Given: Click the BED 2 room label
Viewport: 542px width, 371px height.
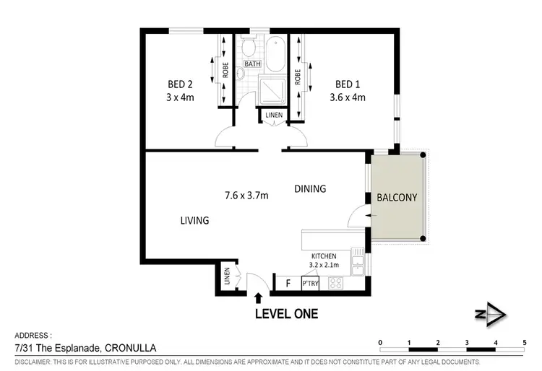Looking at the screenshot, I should click(x=179, y=83).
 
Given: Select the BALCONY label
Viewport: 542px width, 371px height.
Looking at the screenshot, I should click(x=397, y=196).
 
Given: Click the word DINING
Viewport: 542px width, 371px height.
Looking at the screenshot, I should click(x=310, y=189).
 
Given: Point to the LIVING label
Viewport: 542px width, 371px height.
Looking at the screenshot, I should click(x=194, y=220).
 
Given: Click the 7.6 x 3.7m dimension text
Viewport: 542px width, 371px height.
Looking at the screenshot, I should click(x=248, y=194).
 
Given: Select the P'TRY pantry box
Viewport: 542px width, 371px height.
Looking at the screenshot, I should click(x=310, y=284).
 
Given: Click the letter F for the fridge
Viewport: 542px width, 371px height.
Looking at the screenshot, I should click(x=288, y=283).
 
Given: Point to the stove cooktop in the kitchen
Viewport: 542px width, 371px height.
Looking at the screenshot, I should click(x=337, y=283).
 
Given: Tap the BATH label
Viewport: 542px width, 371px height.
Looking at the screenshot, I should click(x=252, y=64).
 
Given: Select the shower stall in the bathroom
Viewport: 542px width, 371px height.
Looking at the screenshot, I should click(x=274, y=87).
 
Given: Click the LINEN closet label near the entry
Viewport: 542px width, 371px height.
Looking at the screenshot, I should click(x=227, y=276).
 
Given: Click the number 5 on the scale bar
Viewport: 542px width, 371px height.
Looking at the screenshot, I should click(x=524, y=342).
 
